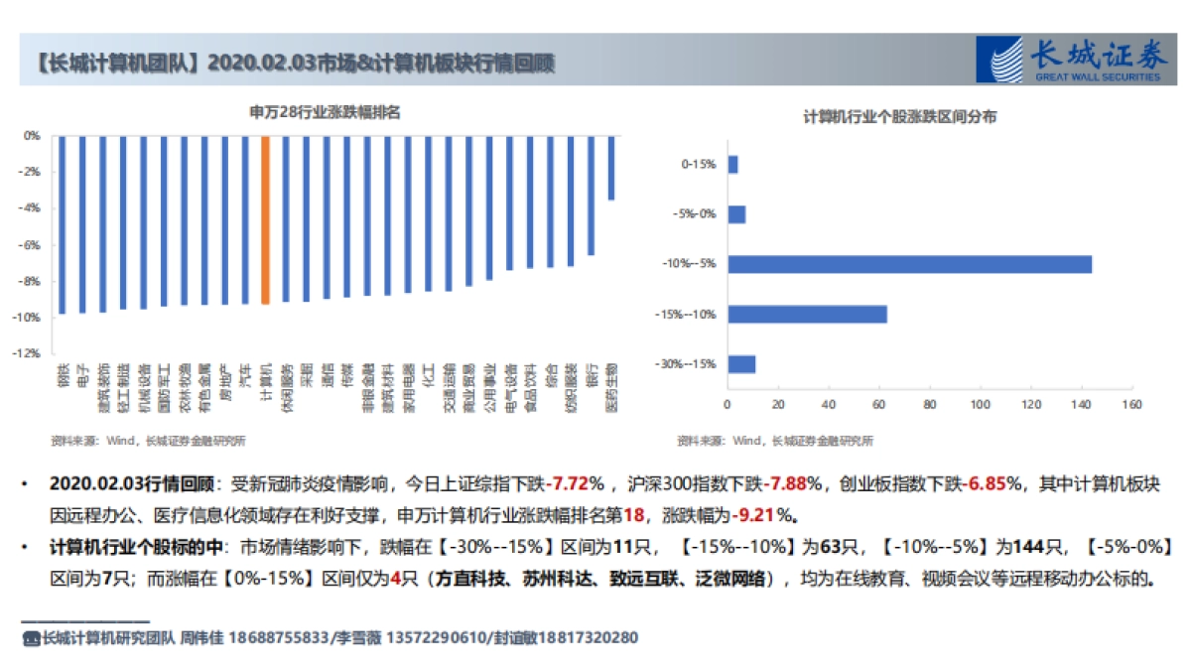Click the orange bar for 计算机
[x=265, y=219]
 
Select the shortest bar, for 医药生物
[x=611, y=168]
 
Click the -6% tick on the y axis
[x=32, y=244]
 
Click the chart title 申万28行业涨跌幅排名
[x=325, y=113]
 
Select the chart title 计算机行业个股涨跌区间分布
[x=900, y=117]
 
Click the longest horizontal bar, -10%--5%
[x=909, y=264]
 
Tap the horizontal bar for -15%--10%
[x=807, y=314]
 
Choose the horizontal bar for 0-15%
[x=732, y=165]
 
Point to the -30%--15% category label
[x=686, y=364]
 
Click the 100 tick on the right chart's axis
[x=981, y=405]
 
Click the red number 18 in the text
[x=635, y=515]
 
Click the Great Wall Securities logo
[x=1070, y=60]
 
